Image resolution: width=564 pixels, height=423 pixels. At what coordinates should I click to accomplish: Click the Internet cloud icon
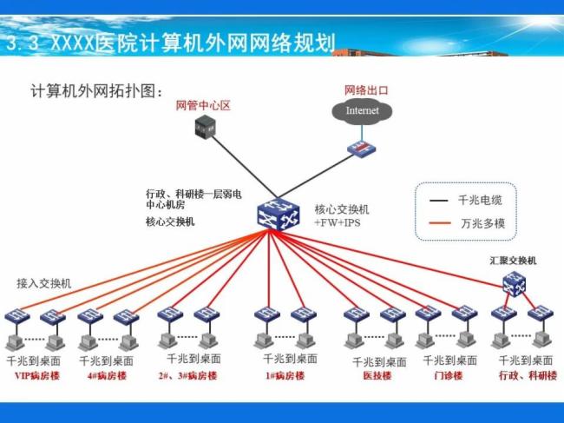362,111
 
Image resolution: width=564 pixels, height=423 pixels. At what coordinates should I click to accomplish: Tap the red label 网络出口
365,90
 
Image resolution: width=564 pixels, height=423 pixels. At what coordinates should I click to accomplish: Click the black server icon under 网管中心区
204,129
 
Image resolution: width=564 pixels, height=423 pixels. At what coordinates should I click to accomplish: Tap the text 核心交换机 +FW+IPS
341,217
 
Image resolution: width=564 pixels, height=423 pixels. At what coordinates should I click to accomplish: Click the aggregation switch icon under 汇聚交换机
514,282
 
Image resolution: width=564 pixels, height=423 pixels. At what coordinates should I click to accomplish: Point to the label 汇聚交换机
513,260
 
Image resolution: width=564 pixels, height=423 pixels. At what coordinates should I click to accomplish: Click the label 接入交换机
44,283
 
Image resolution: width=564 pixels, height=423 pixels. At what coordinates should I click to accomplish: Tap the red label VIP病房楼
35,375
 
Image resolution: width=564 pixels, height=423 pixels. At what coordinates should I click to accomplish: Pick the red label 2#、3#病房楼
187,375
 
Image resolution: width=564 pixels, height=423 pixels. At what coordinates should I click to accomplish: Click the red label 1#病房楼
284,375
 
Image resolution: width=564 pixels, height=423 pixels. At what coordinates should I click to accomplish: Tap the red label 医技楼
376,376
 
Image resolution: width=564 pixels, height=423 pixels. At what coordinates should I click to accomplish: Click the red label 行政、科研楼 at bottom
527,375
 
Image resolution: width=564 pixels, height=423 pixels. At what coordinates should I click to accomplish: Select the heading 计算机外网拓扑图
96,89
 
